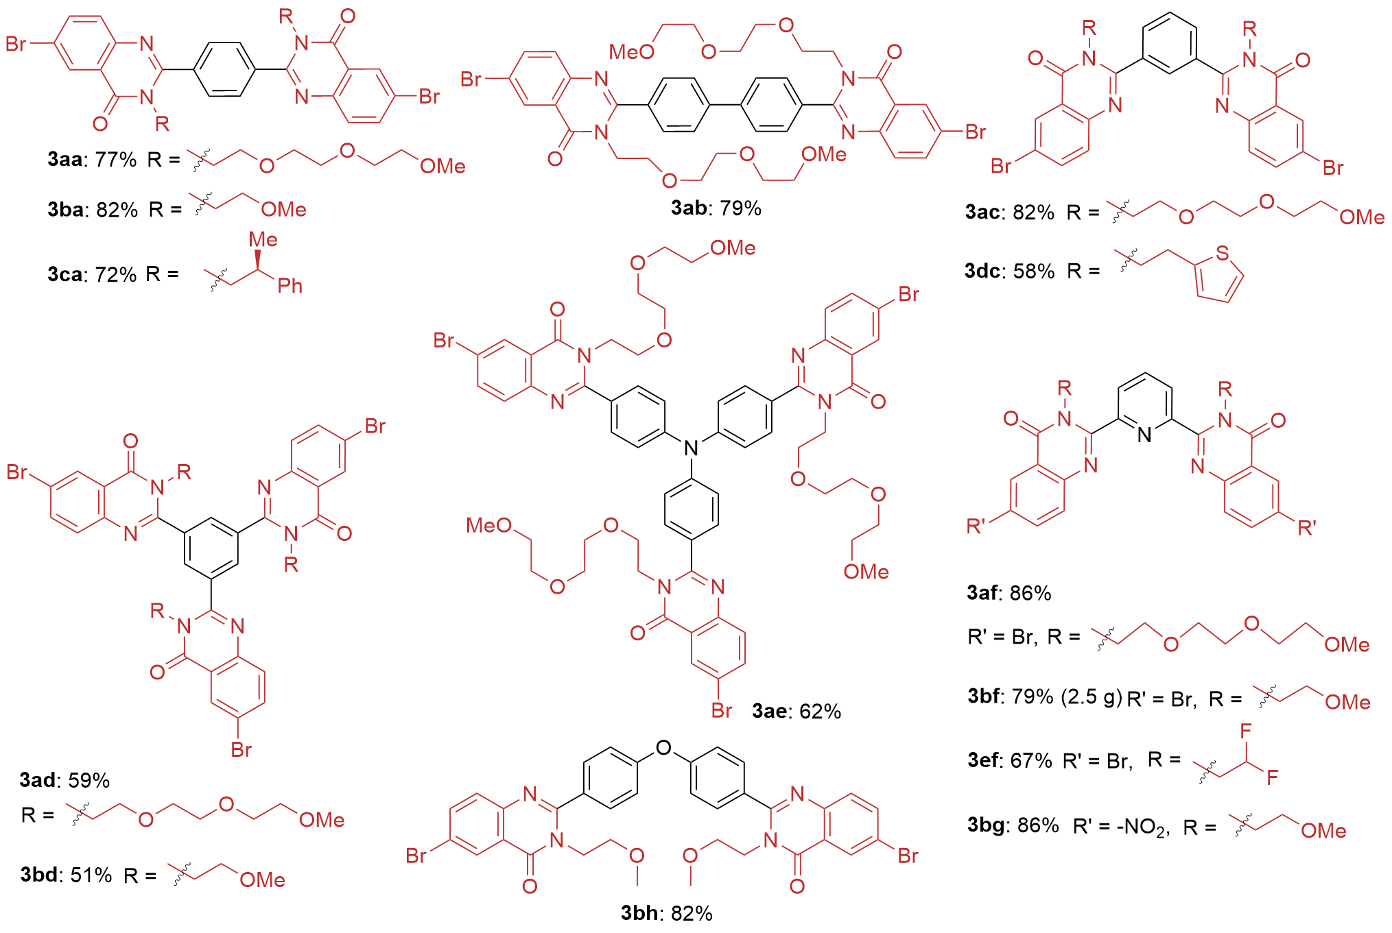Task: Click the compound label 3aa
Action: click(x=64, y=160)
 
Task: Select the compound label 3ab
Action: click(x=689, y=208)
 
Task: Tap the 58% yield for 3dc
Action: click(x=1033, y=271)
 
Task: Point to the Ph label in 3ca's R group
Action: click(x=290, y=286)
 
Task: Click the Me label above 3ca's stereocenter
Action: click(x=263, y=239)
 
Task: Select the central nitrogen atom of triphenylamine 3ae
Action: click(x=691, y=448)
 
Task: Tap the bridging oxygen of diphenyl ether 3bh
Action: click(x=663, y=748)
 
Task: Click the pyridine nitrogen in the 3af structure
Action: click(x=1144, y=435)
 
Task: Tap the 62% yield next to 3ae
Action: click(x=820, y=712)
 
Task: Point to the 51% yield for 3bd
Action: click(x=91, y=875)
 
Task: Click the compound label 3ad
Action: click(x=38, y=780)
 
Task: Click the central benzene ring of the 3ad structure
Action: click(x=211, y=548)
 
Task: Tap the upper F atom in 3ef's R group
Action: click(x=1246, y=731)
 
